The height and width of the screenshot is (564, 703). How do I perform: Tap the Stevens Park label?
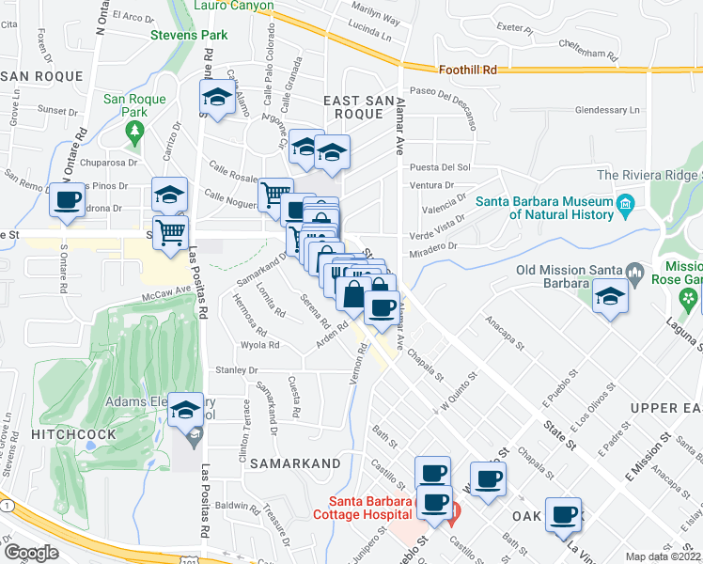click(x=189, y=36)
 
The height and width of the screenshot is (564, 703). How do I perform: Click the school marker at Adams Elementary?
click(x=185, y=410)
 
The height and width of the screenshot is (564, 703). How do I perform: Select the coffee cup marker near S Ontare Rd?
click(x=68, y=200)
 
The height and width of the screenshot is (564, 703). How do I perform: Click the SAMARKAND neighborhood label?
click(x=296, y=464)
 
